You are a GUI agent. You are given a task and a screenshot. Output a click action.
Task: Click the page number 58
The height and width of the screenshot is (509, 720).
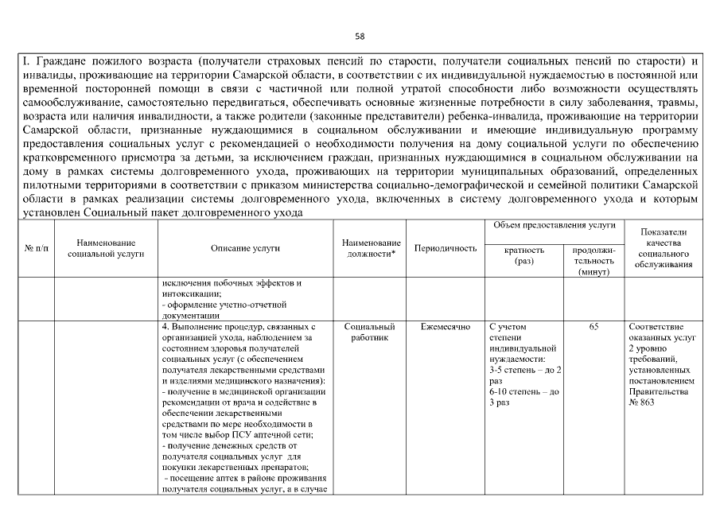pos(360,36)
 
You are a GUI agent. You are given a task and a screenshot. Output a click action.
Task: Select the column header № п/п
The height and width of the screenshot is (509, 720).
pos(35,248)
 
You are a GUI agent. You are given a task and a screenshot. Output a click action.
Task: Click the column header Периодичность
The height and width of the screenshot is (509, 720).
pos(446,248)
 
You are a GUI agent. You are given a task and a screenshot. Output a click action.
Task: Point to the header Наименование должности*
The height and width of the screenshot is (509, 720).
pos(370,248)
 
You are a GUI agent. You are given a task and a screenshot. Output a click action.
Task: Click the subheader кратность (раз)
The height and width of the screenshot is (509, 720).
pos(524,254)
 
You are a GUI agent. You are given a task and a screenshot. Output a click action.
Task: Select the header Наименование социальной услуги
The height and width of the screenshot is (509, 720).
pos(106,248)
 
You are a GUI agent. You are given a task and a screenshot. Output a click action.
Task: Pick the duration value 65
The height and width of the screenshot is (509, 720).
pos(594,326)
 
